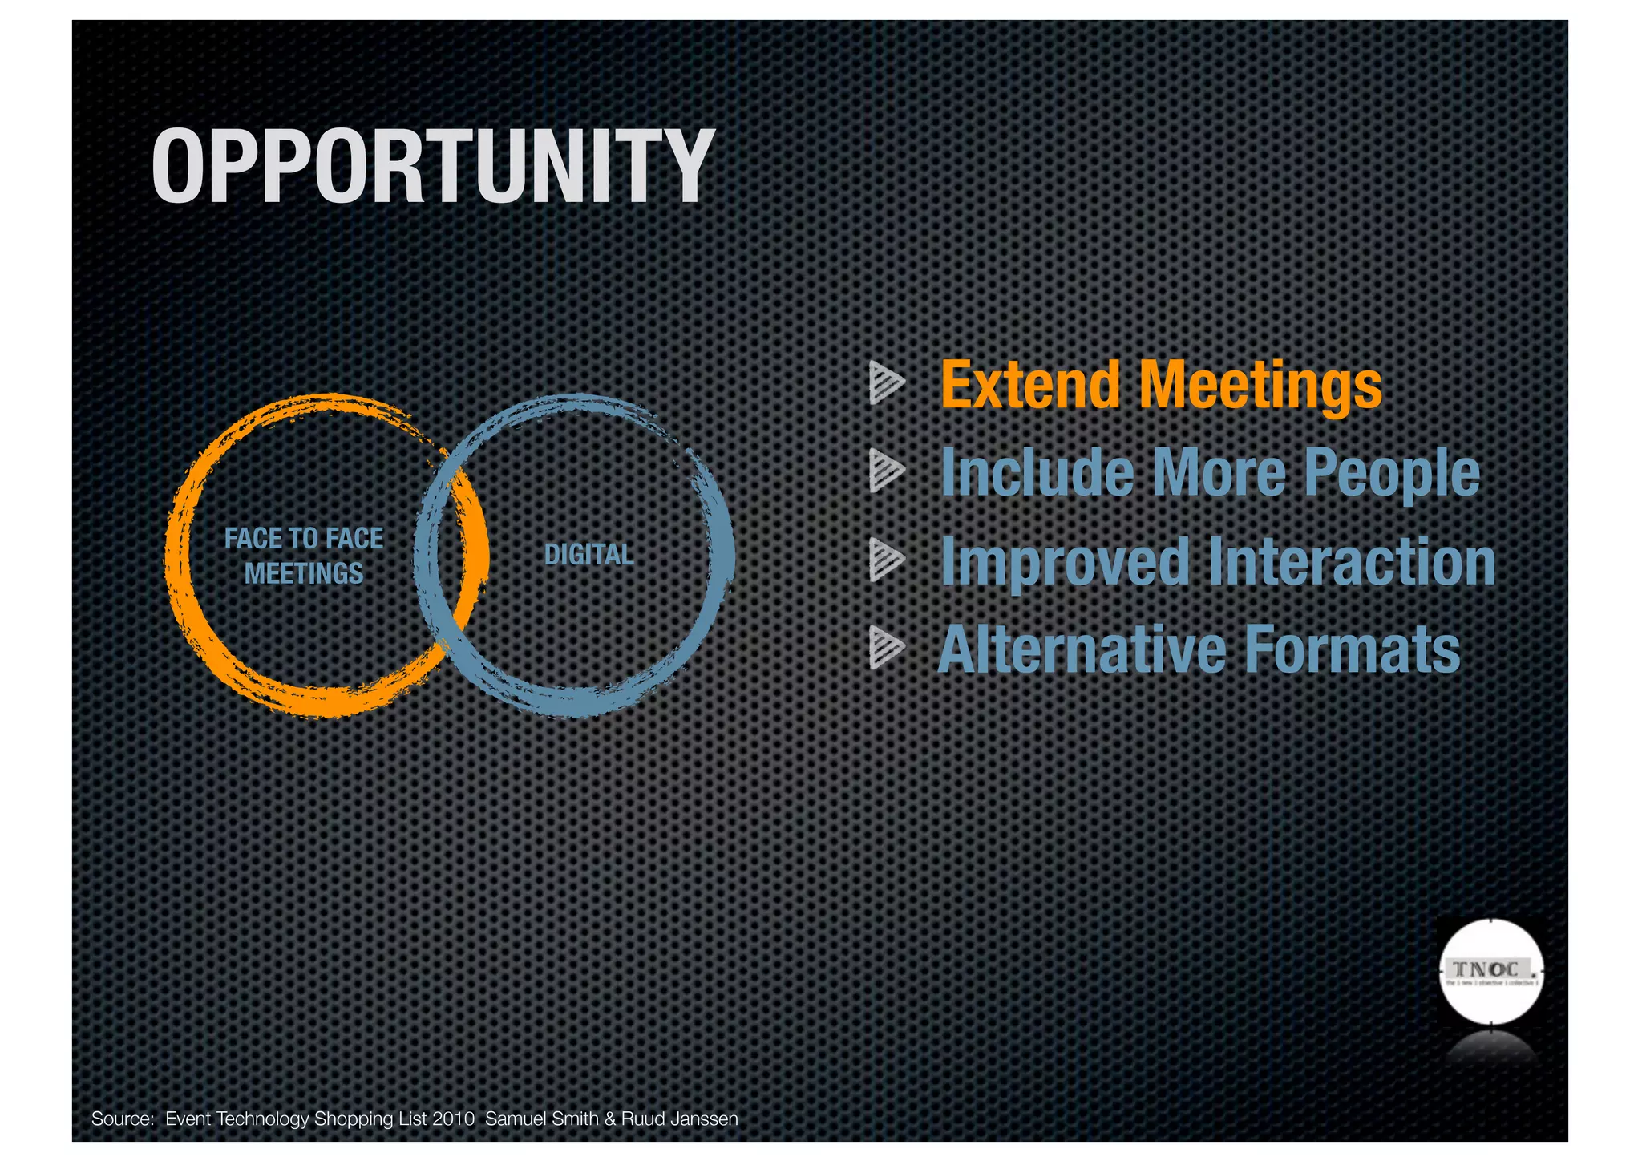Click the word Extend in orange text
point(1029,385)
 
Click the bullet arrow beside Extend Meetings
point(886,382)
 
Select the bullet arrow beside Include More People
point(886,471)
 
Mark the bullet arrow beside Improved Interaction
point(886,559)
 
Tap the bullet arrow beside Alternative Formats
point(886,648)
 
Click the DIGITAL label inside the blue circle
point(588,554)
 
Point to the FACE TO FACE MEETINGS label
point(304,556)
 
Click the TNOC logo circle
point(1490,972)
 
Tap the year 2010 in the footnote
point(453,1119)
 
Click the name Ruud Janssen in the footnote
point(679,1119)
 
